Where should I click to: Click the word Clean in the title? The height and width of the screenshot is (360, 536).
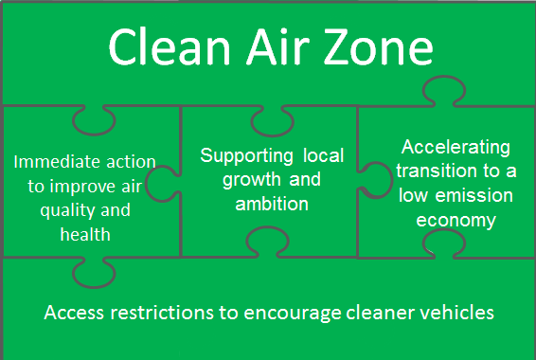160,48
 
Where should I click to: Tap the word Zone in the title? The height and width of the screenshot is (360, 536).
378,48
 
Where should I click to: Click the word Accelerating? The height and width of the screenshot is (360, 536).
456,147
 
